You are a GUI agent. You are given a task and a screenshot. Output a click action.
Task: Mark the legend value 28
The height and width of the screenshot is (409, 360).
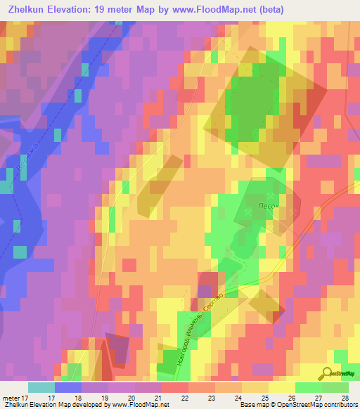point(345,398)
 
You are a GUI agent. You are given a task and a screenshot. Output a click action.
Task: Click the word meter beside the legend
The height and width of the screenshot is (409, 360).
point(10,398)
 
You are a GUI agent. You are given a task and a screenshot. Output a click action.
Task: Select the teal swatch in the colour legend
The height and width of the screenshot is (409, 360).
point(41,387)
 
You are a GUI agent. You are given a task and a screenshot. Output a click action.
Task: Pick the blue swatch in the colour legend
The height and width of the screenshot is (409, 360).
point(68,387)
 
